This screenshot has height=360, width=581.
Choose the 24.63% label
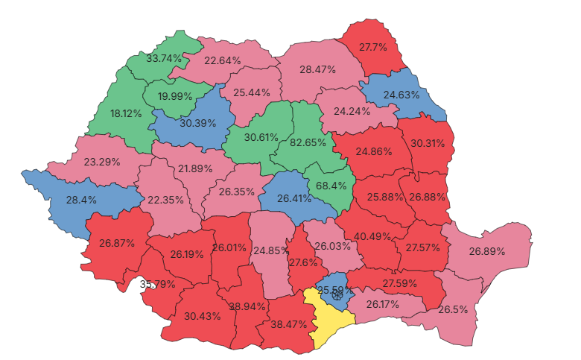[402, 95]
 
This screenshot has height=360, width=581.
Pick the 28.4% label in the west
[82, 200]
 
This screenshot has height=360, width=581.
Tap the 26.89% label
[487, 251]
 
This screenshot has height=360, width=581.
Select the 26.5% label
[454, 309]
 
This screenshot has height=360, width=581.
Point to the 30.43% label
[203, 316]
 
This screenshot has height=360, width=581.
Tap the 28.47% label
[317, 69]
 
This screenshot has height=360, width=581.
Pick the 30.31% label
[427, 143]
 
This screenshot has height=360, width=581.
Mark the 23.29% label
[103, 161]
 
